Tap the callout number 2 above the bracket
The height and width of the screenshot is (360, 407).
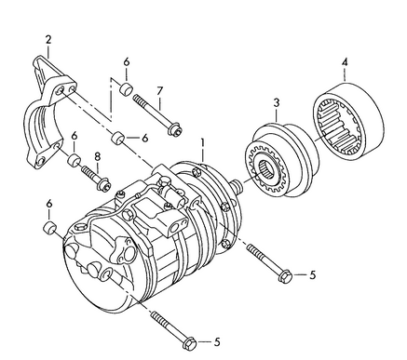[48, 38]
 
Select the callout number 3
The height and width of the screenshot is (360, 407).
[276, 102]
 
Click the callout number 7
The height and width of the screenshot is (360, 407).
[159, 90]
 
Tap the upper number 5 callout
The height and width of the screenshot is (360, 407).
[313, 275]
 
